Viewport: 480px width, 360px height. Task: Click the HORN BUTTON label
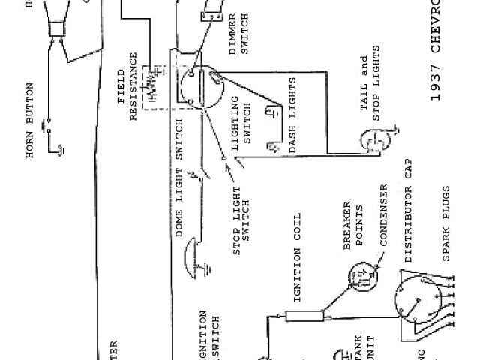click(31, 120)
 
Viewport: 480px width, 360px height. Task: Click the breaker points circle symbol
click(359, 280)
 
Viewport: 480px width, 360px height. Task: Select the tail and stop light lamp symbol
click(371, 139)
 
